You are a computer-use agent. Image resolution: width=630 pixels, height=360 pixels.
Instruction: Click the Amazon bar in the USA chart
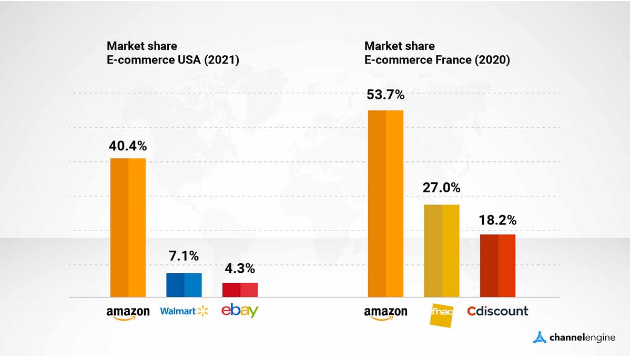click(x=128, y=228)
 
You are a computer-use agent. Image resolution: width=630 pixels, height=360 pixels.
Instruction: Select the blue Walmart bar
click(x=184, y=285)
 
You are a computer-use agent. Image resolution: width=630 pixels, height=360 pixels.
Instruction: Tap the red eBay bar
click(x=240, y=290)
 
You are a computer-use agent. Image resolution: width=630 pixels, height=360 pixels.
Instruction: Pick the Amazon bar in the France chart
click(x=385, y=204)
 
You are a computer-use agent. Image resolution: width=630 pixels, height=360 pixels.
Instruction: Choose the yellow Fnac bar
click(x=442, y=251)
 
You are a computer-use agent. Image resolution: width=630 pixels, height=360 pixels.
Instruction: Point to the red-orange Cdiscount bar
click(x=497, y=265)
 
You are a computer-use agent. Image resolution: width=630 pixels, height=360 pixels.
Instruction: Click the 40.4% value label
click(x=128, y=145)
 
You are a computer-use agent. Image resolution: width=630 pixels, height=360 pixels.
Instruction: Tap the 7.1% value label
click(x=184, y=256)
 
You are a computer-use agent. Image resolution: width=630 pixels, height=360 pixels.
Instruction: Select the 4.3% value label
click(x=240, y=269)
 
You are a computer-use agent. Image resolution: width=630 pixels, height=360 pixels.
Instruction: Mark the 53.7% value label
click(x=385, y=95)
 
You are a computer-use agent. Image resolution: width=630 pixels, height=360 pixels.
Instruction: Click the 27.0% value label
click(x=441, y=188)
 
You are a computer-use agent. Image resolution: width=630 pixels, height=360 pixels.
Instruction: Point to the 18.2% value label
click(x=497, y=219)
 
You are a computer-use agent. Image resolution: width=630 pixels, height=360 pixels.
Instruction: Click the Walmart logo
click(x=184, y=311)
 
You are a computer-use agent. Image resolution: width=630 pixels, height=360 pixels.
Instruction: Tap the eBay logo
click(x=240, y=311)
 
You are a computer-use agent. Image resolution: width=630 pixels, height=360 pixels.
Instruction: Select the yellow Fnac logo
click(x=442, y=315)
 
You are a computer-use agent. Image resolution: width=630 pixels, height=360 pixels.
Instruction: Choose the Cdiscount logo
click(x=497, y=311)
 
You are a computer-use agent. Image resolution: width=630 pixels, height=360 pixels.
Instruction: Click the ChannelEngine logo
click(x=574, y=337)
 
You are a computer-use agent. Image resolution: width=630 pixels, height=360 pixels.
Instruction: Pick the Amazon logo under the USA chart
click(x=128, y=313)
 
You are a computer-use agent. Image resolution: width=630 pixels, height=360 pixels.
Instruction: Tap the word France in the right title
click(x=452, y=60)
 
